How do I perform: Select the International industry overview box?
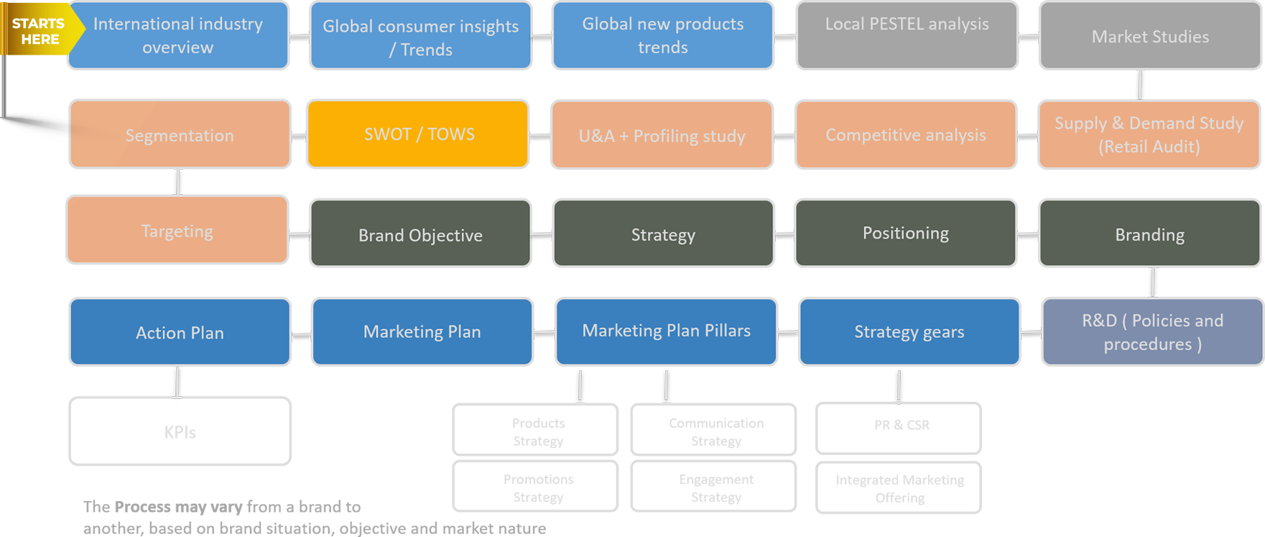178,35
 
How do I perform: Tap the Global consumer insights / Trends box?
421,37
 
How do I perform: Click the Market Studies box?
1150,36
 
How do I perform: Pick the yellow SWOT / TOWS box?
418,134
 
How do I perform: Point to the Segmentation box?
180,135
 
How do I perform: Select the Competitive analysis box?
906,135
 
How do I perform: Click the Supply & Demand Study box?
1149,135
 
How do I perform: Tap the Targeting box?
177,231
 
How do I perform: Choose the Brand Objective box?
420,234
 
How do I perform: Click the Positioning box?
905,234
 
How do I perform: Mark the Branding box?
1149,234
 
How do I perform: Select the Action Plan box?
180,332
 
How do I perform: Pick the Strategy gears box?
909,332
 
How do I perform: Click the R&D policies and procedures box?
1152,332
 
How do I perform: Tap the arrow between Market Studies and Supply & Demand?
1140,85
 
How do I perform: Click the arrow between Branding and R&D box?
1153,282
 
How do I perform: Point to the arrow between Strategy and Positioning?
784,235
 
